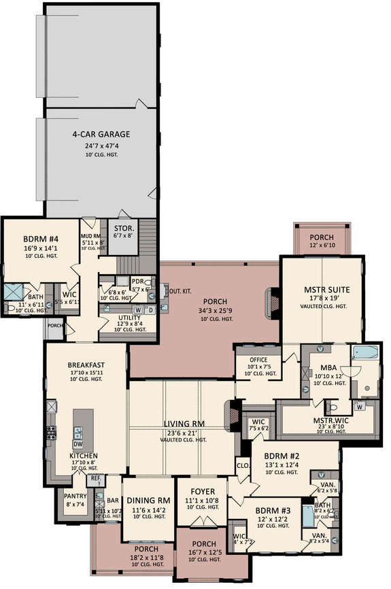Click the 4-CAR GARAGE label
(x=101, y=134)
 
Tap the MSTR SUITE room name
(x=320, y=297)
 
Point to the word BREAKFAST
(x=86, y=365)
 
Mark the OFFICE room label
(x=257, y=360)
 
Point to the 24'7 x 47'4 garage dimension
(x=101, y=146)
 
